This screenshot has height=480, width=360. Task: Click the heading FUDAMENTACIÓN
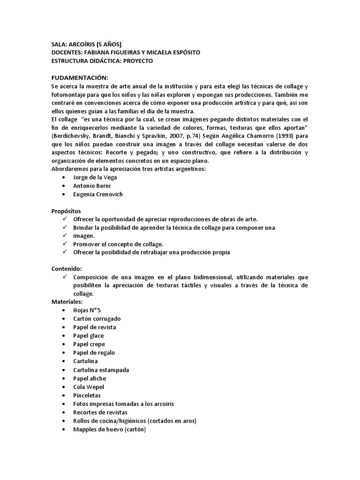click(x=80, y=77)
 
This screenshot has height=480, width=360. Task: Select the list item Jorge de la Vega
click(x=95, y=178)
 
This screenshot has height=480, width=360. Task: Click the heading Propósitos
click(x=66, y=211)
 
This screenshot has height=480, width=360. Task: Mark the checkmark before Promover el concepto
click(x=65, y=244)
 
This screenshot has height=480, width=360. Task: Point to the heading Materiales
click(x=67, y=302)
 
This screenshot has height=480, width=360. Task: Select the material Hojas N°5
click(x=87, y=310)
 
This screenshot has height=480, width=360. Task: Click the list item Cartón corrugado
click(x=97, y=319)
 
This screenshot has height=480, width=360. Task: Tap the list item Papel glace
click(x=89, y=336)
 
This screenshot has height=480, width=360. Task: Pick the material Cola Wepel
click(x=89, y=387)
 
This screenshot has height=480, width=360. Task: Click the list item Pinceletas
click(x=87, y=395)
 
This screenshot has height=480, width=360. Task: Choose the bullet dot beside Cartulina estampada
click(x=64, y=370)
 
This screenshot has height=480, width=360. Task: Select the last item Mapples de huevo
click(x=110, y=429)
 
